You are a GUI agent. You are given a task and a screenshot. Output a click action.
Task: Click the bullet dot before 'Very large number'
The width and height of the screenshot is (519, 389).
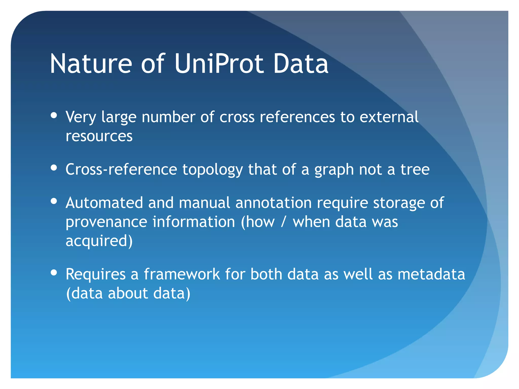pos(54,115)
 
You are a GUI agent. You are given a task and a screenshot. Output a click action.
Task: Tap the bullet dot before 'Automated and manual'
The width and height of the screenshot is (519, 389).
pos(54,201)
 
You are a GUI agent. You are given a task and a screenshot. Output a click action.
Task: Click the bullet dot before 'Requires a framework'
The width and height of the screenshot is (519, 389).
pos(54,273)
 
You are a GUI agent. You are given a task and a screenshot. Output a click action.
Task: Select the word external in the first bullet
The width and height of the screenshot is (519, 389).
pos(389,117)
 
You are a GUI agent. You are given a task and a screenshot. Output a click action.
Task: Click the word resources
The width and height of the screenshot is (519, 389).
pos(99,136)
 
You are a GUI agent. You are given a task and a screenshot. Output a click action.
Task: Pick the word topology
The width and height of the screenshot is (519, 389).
pos(213,170)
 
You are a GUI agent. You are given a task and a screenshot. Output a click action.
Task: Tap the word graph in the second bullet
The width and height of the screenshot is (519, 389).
pos(334,170)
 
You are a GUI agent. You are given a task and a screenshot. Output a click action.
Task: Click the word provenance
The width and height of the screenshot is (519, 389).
pos(106,222)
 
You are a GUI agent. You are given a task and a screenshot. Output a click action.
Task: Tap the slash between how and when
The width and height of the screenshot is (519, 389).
pos(284,222)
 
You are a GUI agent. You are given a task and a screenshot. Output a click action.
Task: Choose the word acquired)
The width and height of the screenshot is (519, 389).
pos(99,241)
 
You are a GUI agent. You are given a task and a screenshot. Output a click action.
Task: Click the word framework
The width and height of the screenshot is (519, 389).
pos(182,274)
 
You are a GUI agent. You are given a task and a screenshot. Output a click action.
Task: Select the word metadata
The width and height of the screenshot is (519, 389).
pos(431,274)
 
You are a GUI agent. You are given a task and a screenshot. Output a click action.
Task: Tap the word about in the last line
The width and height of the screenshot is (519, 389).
pos(128,293)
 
